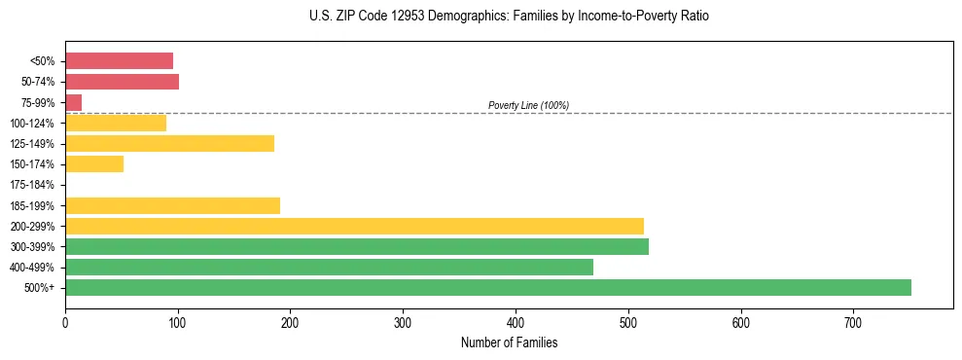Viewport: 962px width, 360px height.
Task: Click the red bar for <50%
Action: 119,61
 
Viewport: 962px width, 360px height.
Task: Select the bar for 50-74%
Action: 122,82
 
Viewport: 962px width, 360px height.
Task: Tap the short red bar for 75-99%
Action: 73,102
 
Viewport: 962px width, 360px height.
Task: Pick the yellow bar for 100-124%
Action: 116,123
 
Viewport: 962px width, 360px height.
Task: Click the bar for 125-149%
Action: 169,144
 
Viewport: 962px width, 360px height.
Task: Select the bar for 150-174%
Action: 94,164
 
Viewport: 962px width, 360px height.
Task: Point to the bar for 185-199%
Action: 172,205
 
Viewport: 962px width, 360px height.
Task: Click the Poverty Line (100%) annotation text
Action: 528,105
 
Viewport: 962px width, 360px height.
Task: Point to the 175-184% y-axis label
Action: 32,185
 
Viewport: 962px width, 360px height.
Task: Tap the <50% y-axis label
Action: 43,61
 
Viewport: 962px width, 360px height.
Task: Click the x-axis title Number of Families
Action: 509,342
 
